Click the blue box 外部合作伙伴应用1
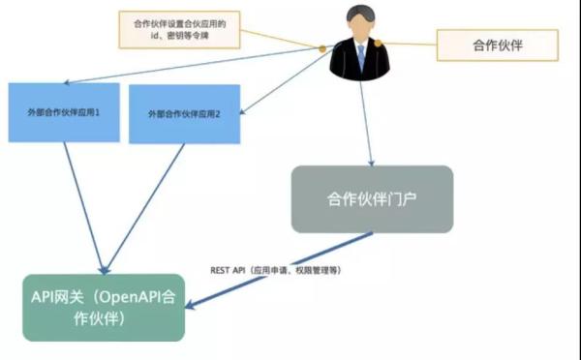(x=63, y=112)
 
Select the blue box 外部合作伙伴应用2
(x=184, y=114)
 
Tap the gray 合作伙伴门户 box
(x=372, y=198)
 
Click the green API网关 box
(x=104, y=307)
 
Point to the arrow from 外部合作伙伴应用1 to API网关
(x=81, y=203)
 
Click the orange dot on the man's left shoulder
(x=322, y=47)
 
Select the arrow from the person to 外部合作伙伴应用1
(x=194, y=66)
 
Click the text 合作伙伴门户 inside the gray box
(x=372, y=198)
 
